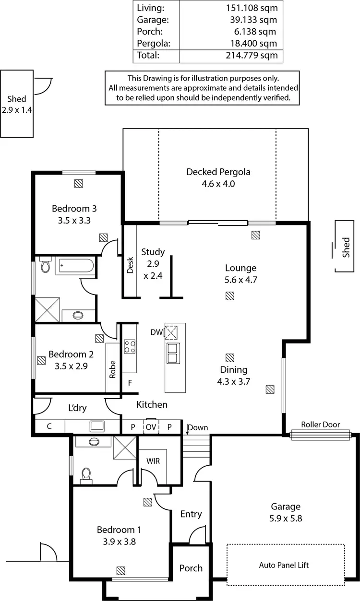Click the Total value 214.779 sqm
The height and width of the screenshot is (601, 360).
click(x=252, y=55)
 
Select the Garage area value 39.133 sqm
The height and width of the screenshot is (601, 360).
click(x=254, y=20)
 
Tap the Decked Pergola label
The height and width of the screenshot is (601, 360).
click(x=218, y=172)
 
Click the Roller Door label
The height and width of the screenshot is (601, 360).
click(x=320, y=424)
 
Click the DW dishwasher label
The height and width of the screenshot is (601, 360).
click(x=156, y=332)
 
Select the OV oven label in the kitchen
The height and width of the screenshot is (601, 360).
click(x=151, y=427)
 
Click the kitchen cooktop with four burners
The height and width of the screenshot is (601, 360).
click(x=130, y=346)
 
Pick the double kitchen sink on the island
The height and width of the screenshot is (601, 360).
click(x=172, y=353)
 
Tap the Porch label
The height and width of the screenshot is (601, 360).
click(x=191, y=568)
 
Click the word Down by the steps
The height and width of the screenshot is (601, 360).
click(x=198, y=427)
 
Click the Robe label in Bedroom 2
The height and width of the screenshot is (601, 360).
click(x=113, y=369)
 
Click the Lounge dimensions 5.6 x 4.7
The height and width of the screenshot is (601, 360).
click(x=241, y=280)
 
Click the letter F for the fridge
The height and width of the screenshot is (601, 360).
click(x=130, y=383)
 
